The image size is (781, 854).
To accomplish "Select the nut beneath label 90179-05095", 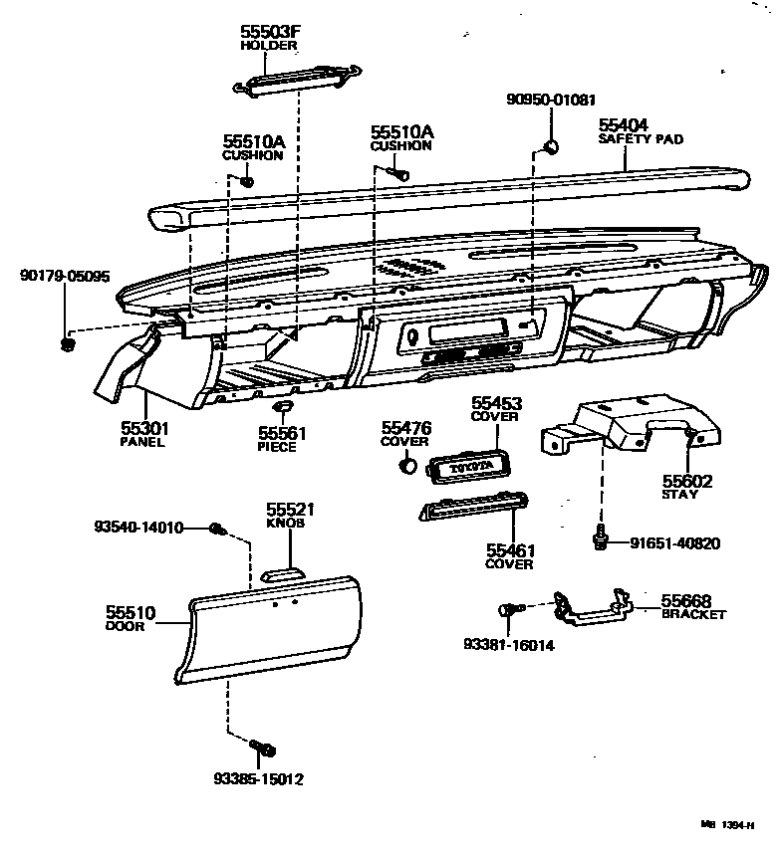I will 68,344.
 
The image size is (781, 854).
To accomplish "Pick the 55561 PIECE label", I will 282,439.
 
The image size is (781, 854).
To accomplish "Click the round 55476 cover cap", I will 406,465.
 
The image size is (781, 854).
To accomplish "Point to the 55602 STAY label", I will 686,487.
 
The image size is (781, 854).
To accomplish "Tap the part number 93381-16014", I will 508,645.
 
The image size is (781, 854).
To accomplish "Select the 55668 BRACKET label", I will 691,607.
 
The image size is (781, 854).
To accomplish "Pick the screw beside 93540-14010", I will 218,530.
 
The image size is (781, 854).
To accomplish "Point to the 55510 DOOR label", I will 130,619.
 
